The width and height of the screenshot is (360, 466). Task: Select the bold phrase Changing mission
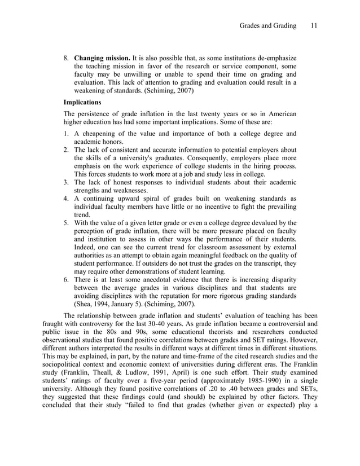(102, 58)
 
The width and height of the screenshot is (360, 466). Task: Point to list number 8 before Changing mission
(65, 58)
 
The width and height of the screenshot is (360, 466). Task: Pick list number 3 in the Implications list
(65, 182)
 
